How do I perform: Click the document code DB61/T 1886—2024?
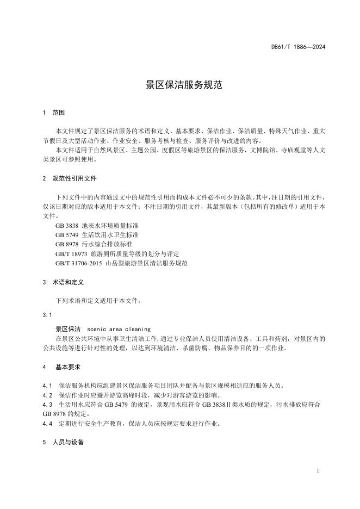tap(298, 47)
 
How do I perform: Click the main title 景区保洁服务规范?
tap(179, 85)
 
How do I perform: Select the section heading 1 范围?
tap(54, 113)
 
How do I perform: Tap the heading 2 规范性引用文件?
tap(70, 178)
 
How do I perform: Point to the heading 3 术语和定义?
tap(63, 283)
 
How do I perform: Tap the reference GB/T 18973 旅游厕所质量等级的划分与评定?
tap(117, 253)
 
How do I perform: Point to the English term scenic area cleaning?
tap(119, 329)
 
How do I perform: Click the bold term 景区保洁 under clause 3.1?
tap(68, 329)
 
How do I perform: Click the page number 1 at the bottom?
tap(317, 470)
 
